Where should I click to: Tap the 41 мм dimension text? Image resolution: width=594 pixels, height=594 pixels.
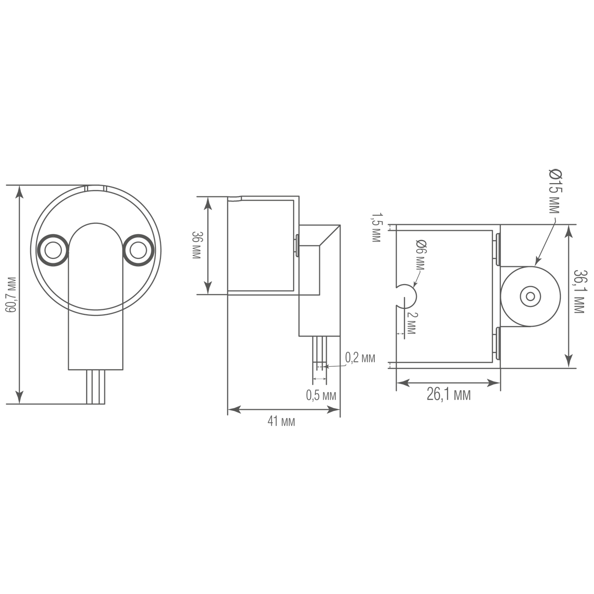pyautogui.click(x=281, y=422)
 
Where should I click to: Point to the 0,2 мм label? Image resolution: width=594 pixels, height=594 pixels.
pyautogui.click(x=360, y=358)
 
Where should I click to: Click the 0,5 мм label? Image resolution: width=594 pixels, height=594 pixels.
pyautogui.click(x=321, y=395)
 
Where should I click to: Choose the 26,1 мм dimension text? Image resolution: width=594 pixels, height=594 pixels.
pyautogui.click(x=448, y=395)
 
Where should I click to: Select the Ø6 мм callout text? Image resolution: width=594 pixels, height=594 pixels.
pyautogui.click(x=420, y=255)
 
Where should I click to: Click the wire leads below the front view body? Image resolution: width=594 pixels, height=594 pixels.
pyautogui.click(x=95, y=387)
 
